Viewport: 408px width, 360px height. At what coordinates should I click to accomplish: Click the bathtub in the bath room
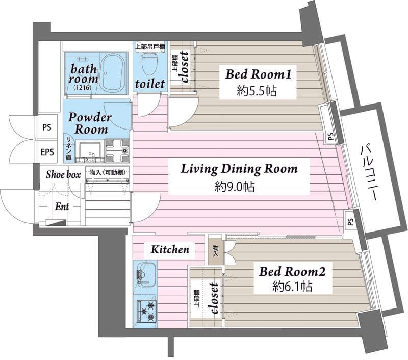point(112,72)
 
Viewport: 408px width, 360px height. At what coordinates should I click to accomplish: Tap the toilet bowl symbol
point(149,63)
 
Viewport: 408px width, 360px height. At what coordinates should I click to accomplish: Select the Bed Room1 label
point(258,74)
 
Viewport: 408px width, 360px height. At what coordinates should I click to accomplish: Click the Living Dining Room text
point(239,169)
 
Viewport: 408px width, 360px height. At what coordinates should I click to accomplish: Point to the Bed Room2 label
point(292,272)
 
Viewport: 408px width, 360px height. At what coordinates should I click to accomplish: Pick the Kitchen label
point(170,250)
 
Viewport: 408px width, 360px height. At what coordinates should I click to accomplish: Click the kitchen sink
point(145,274)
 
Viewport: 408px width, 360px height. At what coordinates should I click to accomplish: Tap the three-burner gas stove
point(146,311)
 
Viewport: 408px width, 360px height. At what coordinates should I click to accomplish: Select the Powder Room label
point(90,123)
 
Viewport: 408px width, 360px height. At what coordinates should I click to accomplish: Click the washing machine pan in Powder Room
point(117,150)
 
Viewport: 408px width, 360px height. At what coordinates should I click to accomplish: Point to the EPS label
point(47,152)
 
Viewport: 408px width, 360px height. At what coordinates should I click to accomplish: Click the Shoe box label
point(63,175)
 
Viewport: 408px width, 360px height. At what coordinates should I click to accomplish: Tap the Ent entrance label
point(62,207)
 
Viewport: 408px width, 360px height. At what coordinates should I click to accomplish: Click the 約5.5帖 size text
point(257,91)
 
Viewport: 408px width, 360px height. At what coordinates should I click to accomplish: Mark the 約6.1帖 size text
point(292,287)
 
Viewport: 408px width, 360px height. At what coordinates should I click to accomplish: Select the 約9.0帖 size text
point(235,187)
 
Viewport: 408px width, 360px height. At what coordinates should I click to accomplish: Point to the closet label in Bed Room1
point(185,67)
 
